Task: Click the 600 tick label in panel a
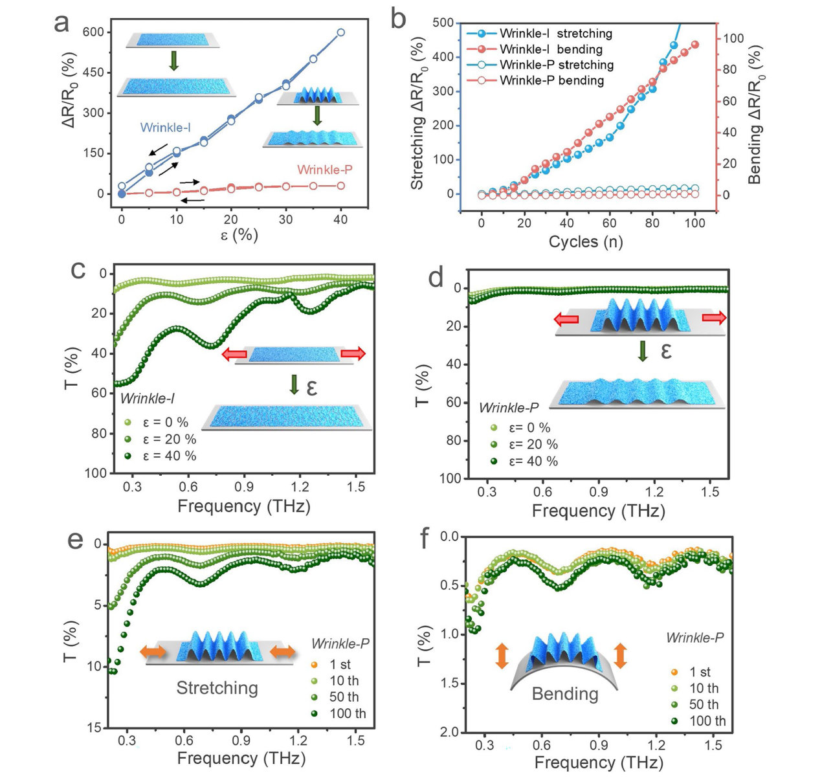[93, 32]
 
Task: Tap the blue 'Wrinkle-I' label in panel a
[165, 128]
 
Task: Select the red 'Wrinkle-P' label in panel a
[325, 170]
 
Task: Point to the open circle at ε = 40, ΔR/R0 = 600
[340, 32]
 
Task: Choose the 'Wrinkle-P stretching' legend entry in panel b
[556, 65]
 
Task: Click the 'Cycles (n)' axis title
[586, 242]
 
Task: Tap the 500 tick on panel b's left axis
[443, 23]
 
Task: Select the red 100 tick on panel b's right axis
[733, 39]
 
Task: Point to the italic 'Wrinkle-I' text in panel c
[148, 399]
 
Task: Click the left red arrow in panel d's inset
[566, 318]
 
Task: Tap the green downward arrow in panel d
[643, 351]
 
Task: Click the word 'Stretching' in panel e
[217, 688]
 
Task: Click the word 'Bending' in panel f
[564, 694]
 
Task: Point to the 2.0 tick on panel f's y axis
[449, 732]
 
